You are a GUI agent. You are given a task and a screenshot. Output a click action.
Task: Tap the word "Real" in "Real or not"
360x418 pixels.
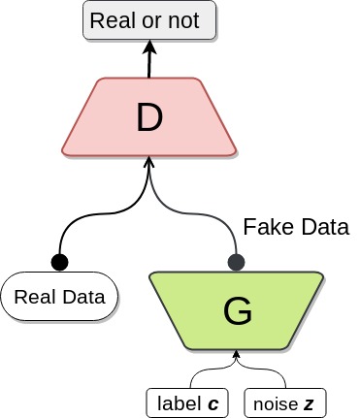click(115, 20)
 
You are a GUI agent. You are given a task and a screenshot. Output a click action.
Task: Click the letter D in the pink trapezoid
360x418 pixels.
click(148, 117)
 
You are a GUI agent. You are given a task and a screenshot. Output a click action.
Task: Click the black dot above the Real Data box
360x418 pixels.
click(59, 261)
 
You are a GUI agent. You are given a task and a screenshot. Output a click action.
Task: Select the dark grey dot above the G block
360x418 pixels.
click(236, 261)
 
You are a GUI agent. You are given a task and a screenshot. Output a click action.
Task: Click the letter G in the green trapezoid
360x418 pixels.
click(237, 311)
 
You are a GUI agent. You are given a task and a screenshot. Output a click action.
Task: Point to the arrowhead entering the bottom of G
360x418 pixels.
click(237, 361)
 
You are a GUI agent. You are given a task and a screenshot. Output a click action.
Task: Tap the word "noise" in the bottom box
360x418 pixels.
click(273, 402)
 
